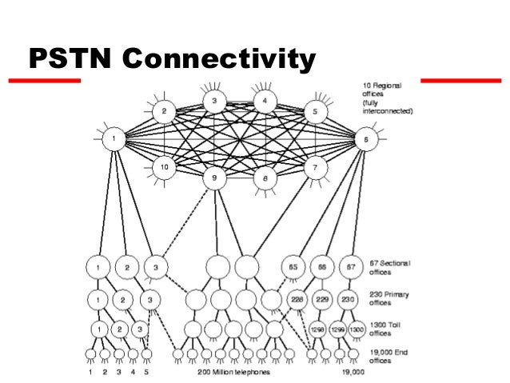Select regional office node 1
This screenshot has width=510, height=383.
tap(114, 139)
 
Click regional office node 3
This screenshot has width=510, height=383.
tap(214, 101)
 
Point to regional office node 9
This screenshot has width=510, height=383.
tap(214, 177)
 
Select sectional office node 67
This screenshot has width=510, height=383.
tap(349, 266)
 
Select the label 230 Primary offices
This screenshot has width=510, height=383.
tap(388, 299)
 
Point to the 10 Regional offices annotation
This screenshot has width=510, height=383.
tap(385, 98)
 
